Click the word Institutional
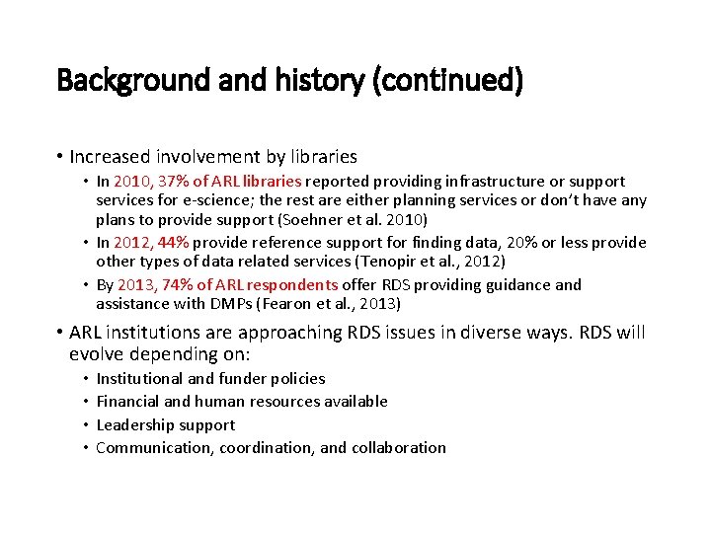[138, 379]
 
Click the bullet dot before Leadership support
[85, 425]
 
